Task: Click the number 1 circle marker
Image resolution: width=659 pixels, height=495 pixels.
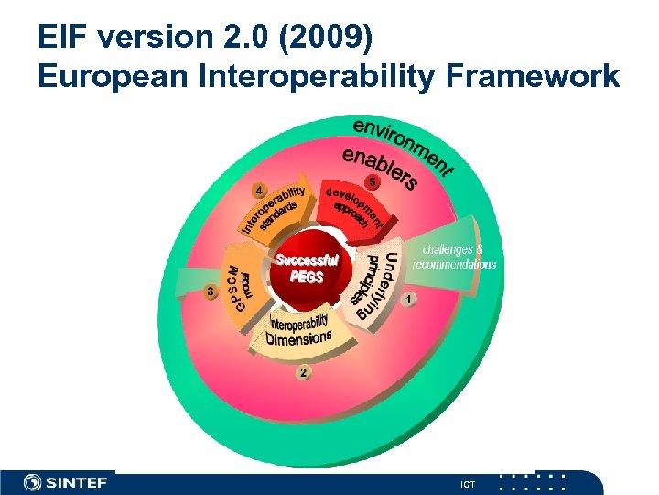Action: click(408, 299)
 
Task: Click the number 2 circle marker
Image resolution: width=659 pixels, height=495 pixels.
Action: click(303, 372)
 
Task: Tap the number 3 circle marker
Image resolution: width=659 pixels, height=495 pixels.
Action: click(211, 292)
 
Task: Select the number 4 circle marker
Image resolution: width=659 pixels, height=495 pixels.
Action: click(261, 191)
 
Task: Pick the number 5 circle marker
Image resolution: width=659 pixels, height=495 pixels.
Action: click(373, 181)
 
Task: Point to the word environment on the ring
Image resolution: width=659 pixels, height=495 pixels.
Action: click(403, 146)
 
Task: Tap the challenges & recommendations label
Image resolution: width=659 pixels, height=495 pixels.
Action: click(455, 257)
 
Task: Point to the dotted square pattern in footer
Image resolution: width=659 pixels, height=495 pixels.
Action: click(535, 482)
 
